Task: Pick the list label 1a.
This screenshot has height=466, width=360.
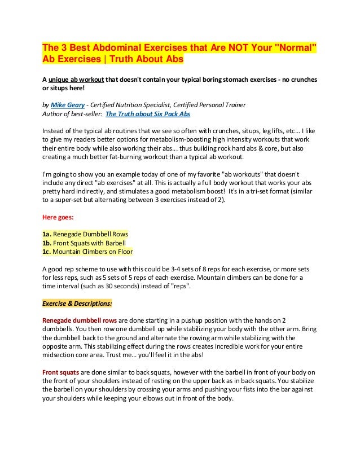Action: (x=47, y=234)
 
